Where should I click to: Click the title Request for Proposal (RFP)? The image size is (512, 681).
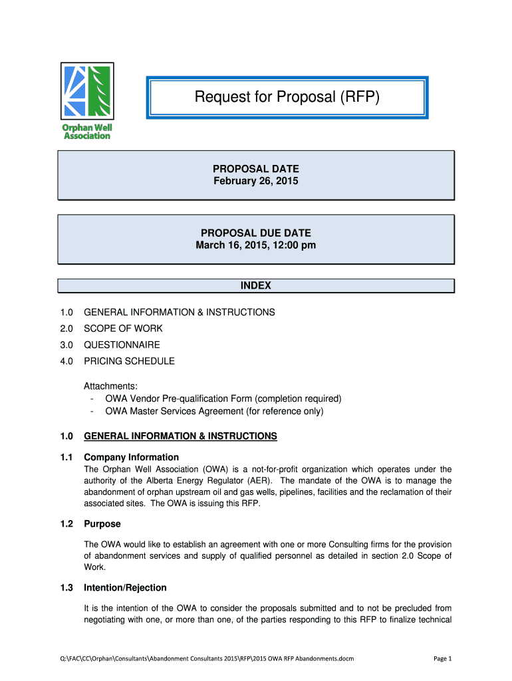tap(287, 98)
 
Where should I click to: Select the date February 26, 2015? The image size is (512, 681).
tap(256, 181)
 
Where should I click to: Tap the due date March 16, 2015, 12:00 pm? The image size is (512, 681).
tap(256, 245)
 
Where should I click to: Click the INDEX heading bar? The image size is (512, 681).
tap(256, 286)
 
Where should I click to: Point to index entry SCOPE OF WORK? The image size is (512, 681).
tap(123, 329)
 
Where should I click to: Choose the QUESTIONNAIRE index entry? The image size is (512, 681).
tap(122, 345)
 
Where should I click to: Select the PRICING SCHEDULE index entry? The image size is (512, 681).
tap(129, 361)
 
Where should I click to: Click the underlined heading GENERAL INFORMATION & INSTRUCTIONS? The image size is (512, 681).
tap(180, 436)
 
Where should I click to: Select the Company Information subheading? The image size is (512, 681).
tap(131, 457)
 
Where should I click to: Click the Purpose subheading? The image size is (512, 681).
tap(102, 524)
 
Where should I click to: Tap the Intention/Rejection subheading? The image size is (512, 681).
tap(125, 588)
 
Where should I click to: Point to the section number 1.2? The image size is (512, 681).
tap(66, 524)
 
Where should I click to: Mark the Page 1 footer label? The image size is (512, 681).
tap(442, 658)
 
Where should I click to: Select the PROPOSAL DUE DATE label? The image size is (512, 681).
tap(256, 233)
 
